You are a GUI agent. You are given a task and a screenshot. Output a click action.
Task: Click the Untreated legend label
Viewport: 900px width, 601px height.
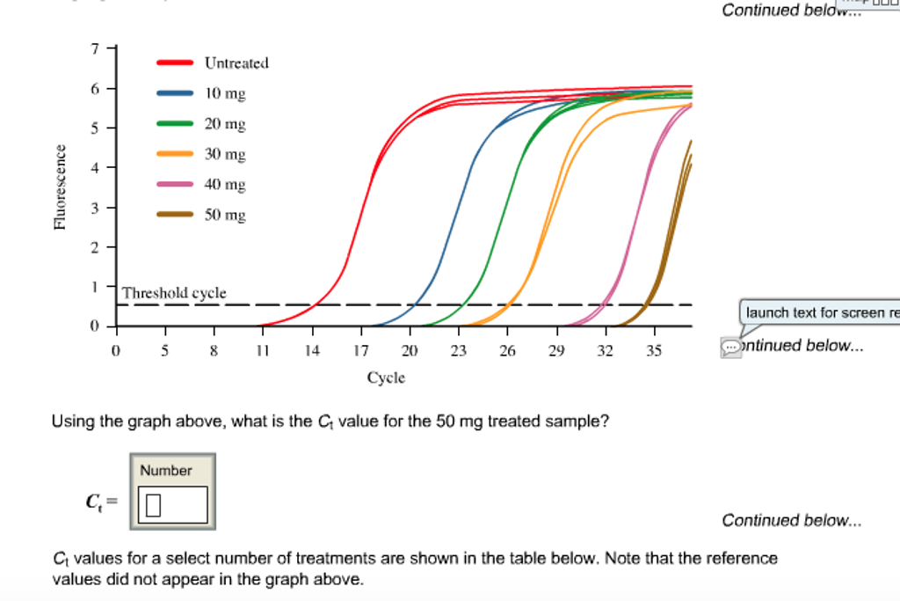(236, 63)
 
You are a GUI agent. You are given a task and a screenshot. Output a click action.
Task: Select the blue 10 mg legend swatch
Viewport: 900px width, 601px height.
(175, 92)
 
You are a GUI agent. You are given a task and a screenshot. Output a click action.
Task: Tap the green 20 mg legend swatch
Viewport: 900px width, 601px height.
(175, 123)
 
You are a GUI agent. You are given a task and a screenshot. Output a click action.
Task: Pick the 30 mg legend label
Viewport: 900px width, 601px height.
(225, 154)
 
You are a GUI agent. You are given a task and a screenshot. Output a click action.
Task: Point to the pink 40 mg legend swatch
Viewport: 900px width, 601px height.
(175, 184)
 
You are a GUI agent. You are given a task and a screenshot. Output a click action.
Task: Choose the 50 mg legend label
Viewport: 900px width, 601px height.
(225, 215)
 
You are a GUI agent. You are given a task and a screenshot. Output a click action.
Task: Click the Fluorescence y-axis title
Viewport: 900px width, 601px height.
(60, 187)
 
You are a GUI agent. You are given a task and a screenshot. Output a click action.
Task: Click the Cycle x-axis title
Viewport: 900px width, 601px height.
(386, 377)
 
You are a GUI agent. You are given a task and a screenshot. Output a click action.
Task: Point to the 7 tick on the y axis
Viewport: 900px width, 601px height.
(98, 48)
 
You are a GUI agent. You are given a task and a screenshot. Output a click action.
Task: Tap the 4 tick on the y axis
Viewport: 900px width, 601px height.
(98, 167)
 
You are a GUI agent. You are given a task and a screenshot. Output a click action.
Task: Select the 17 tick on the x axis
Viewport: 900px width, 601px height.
(360, 350)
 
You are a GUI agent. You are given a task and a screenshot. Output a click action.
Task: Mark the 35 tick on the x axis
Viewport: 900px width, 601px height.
(654, 350)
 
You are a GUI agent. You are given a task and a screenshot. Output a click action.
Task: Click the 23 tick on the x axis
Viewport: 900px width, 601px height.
(459, 350)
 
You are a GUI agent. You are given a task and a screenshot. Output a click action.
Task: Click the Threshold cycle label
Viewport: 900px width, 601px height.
(174, 293)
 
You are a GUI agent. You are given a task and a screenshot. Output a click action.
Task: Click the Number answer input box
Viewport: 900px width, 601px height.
(173, 505)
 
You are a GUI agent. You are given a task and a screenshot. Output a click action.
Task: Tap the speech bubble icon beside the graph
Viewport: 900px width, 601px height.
(730, 348)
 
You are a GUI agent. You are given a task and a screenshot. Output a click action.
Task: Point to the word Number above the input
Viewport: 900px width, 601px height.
(165, 471)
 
